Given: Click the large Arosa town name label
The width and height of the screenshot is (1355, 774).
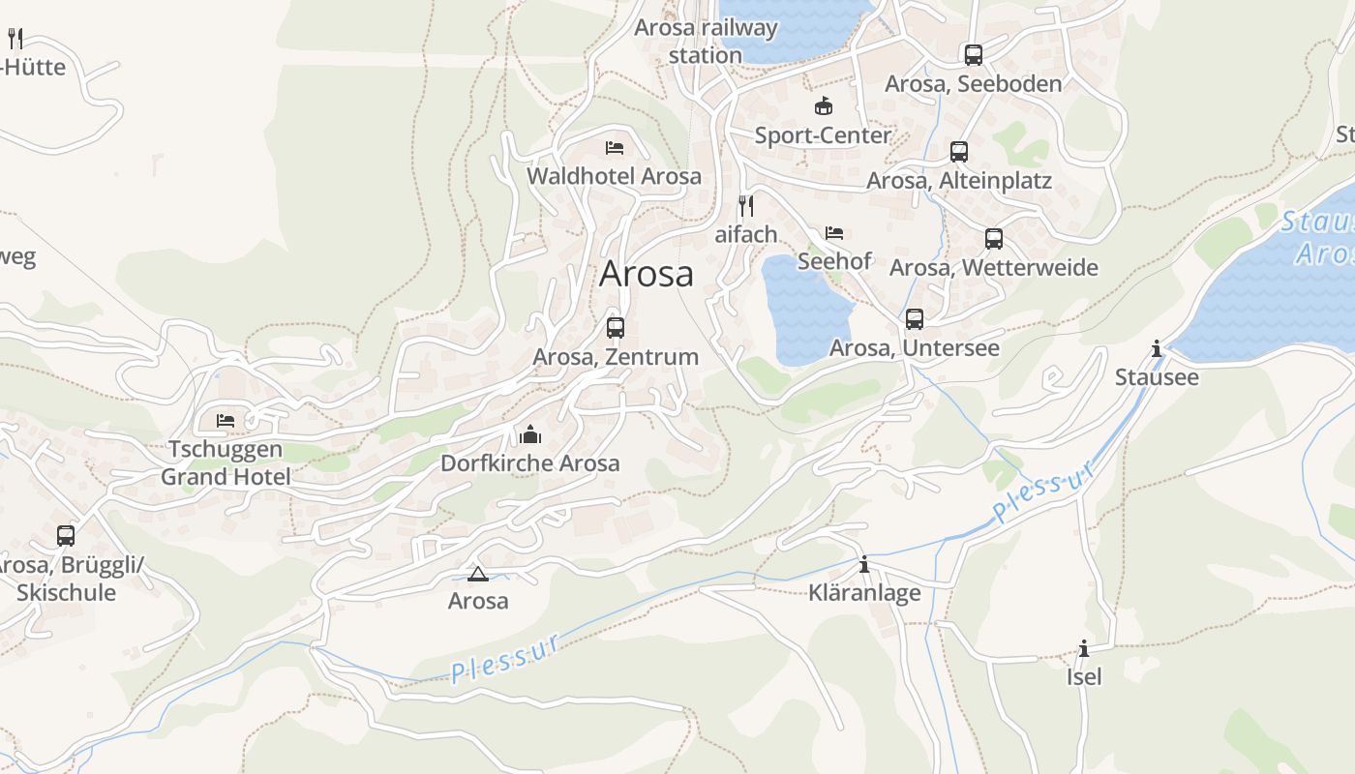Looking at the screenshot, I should (647, 274).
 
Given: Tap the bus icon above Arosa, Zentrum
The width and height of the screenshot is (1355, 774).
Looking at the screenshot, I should (616, 327).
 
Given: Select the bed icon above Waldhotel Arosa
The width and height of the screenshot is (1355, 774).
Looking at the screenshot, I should (615, 148).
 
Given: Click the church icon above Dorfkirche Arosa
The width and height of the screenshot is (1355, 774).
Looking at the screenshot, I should (530, 434).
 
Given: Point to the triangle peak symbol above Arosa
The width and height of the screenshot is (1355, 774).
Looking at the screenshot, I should (477, 574).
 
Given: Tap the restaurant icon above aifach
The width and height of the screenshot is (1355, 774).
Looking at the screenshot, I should (746, 205).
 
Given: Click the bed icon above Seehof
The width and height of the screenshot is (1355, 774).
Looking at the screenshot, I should (834, 233).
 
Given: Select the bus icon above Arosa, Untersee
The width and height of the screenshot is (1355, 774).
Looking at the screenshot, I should (915, 318).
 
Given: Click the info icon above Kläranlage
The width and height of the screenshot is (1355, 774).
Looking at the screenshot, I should (864, 564).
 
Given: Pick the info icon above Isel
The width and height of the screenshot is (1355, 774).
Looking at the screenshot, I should (1084, 648).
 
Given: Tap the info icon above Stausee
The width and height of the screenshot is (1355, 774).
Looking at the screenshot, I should (1157, 348).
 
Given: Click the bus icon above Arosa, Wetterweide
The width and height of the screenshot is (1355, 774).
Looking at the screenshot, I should (994, 239).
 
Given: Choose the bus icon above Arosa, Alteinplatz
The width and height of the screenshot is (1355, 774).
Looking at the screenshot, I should (959, 152).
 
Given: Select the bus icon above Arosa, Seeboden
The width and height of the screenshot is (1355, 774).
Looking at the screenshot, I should (974, 55).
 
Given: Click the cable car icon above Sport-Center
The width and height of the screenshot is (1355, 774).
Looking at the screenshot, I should (824, 106).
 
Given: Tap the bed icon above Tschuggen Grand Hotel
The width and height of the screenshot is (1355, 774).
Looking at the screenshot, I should (226, 421).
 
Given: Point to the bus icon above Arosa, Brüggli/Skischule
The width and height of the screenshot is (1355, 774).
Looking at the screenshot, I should (66, 535).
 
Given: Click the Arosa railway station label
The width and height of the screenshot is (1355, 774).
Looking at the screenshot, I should (706, 42).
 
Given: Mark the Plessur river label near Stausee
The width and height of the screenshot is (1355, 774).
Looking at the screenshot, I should (1045, 491).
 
